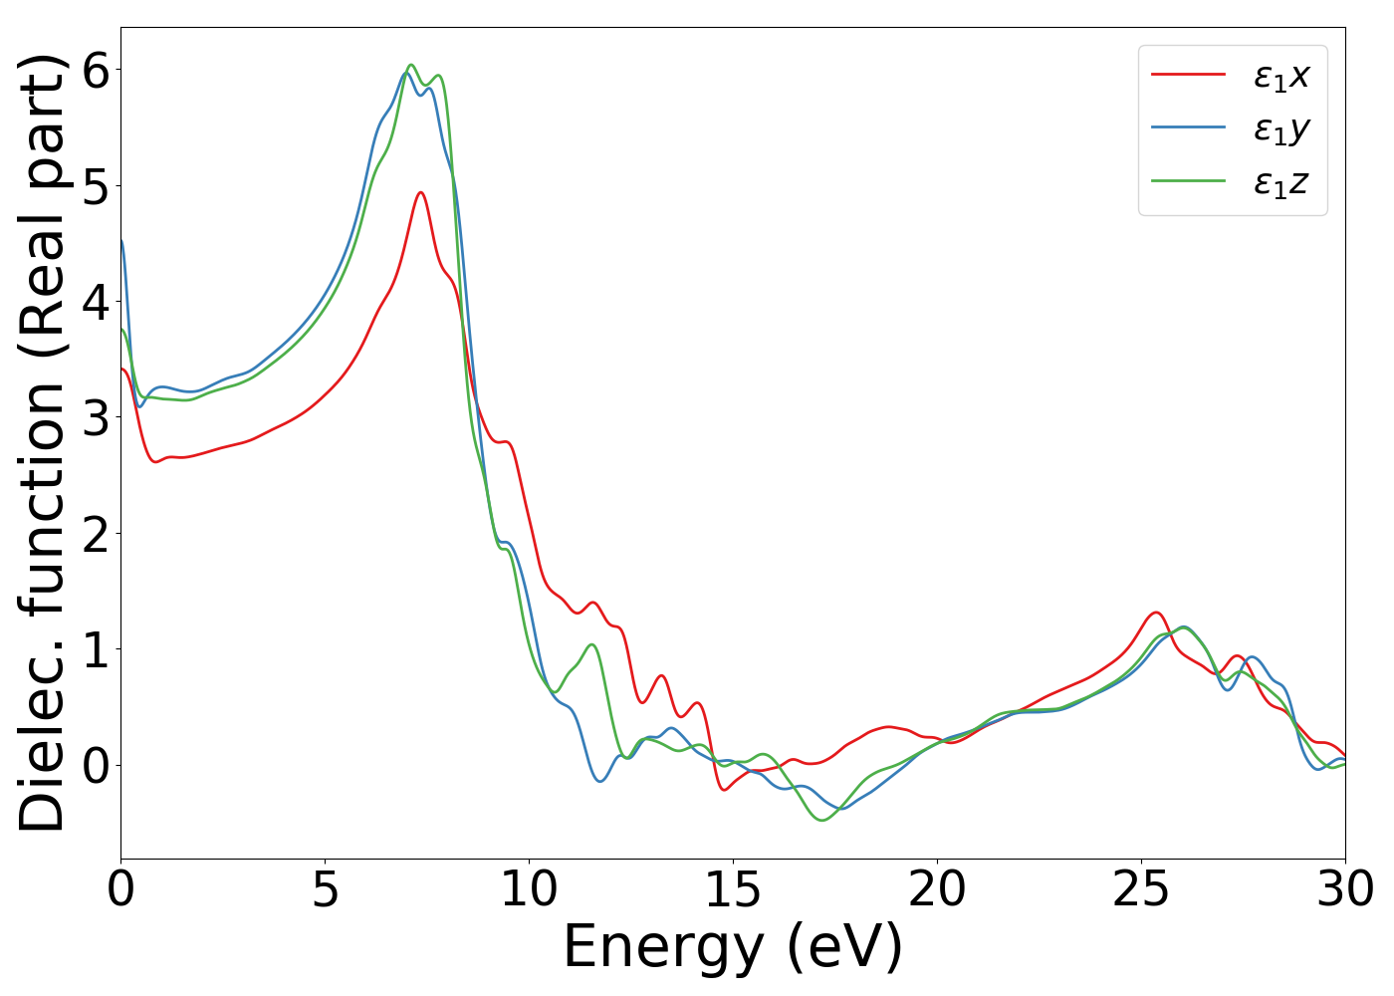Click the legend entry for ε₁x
pos(1280,76)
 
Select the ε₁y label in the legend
pos(1280,129)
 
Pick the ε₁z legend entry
pos(1280,183)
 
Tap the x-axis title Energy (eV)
pos(733,946)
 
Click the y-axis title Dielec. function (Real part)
pos(42,443)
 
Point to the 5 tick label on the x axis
pos(326,889)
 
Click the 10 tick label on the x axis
pos(529,889)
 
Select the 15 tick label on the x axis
pos(733,889)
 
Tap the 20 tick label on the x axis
pos(937,889)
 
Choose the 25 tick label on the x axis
pos(1141,889)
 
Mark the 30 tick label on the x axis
pos(1345,889)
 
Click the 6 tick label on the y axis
pos(96,70)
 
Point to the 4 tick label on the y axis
pos(96,302)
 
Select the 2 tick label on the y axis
pos(96,534)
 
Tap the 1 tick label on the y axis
pos(96,649)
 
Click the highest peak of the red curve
pos(421,192)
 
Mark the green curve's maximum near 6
pos(410,65)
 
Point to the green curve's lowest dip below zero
pos(822,821)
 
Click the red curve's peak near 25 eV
pos(1156,613)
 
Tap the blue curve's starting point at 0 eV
pos(121,240)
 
